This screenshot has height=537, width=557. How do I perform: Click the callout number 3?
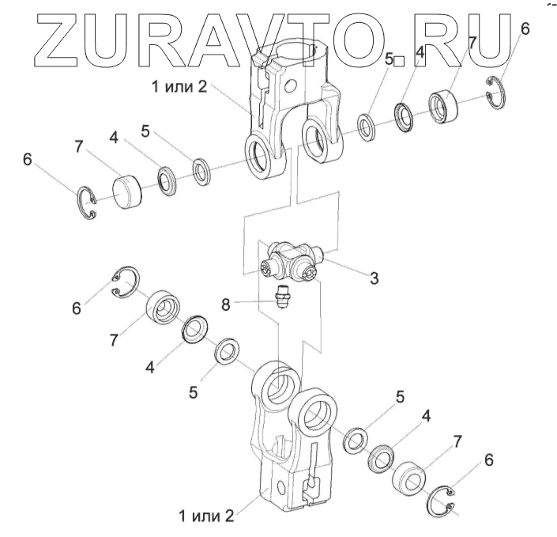374,278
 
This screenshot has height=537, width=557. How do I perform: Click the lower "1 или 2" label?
206,516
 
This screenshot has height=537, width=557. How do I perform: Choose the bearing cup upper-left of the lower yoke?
163,305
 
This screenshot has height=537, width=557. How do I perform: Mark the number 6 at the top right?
525,29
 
